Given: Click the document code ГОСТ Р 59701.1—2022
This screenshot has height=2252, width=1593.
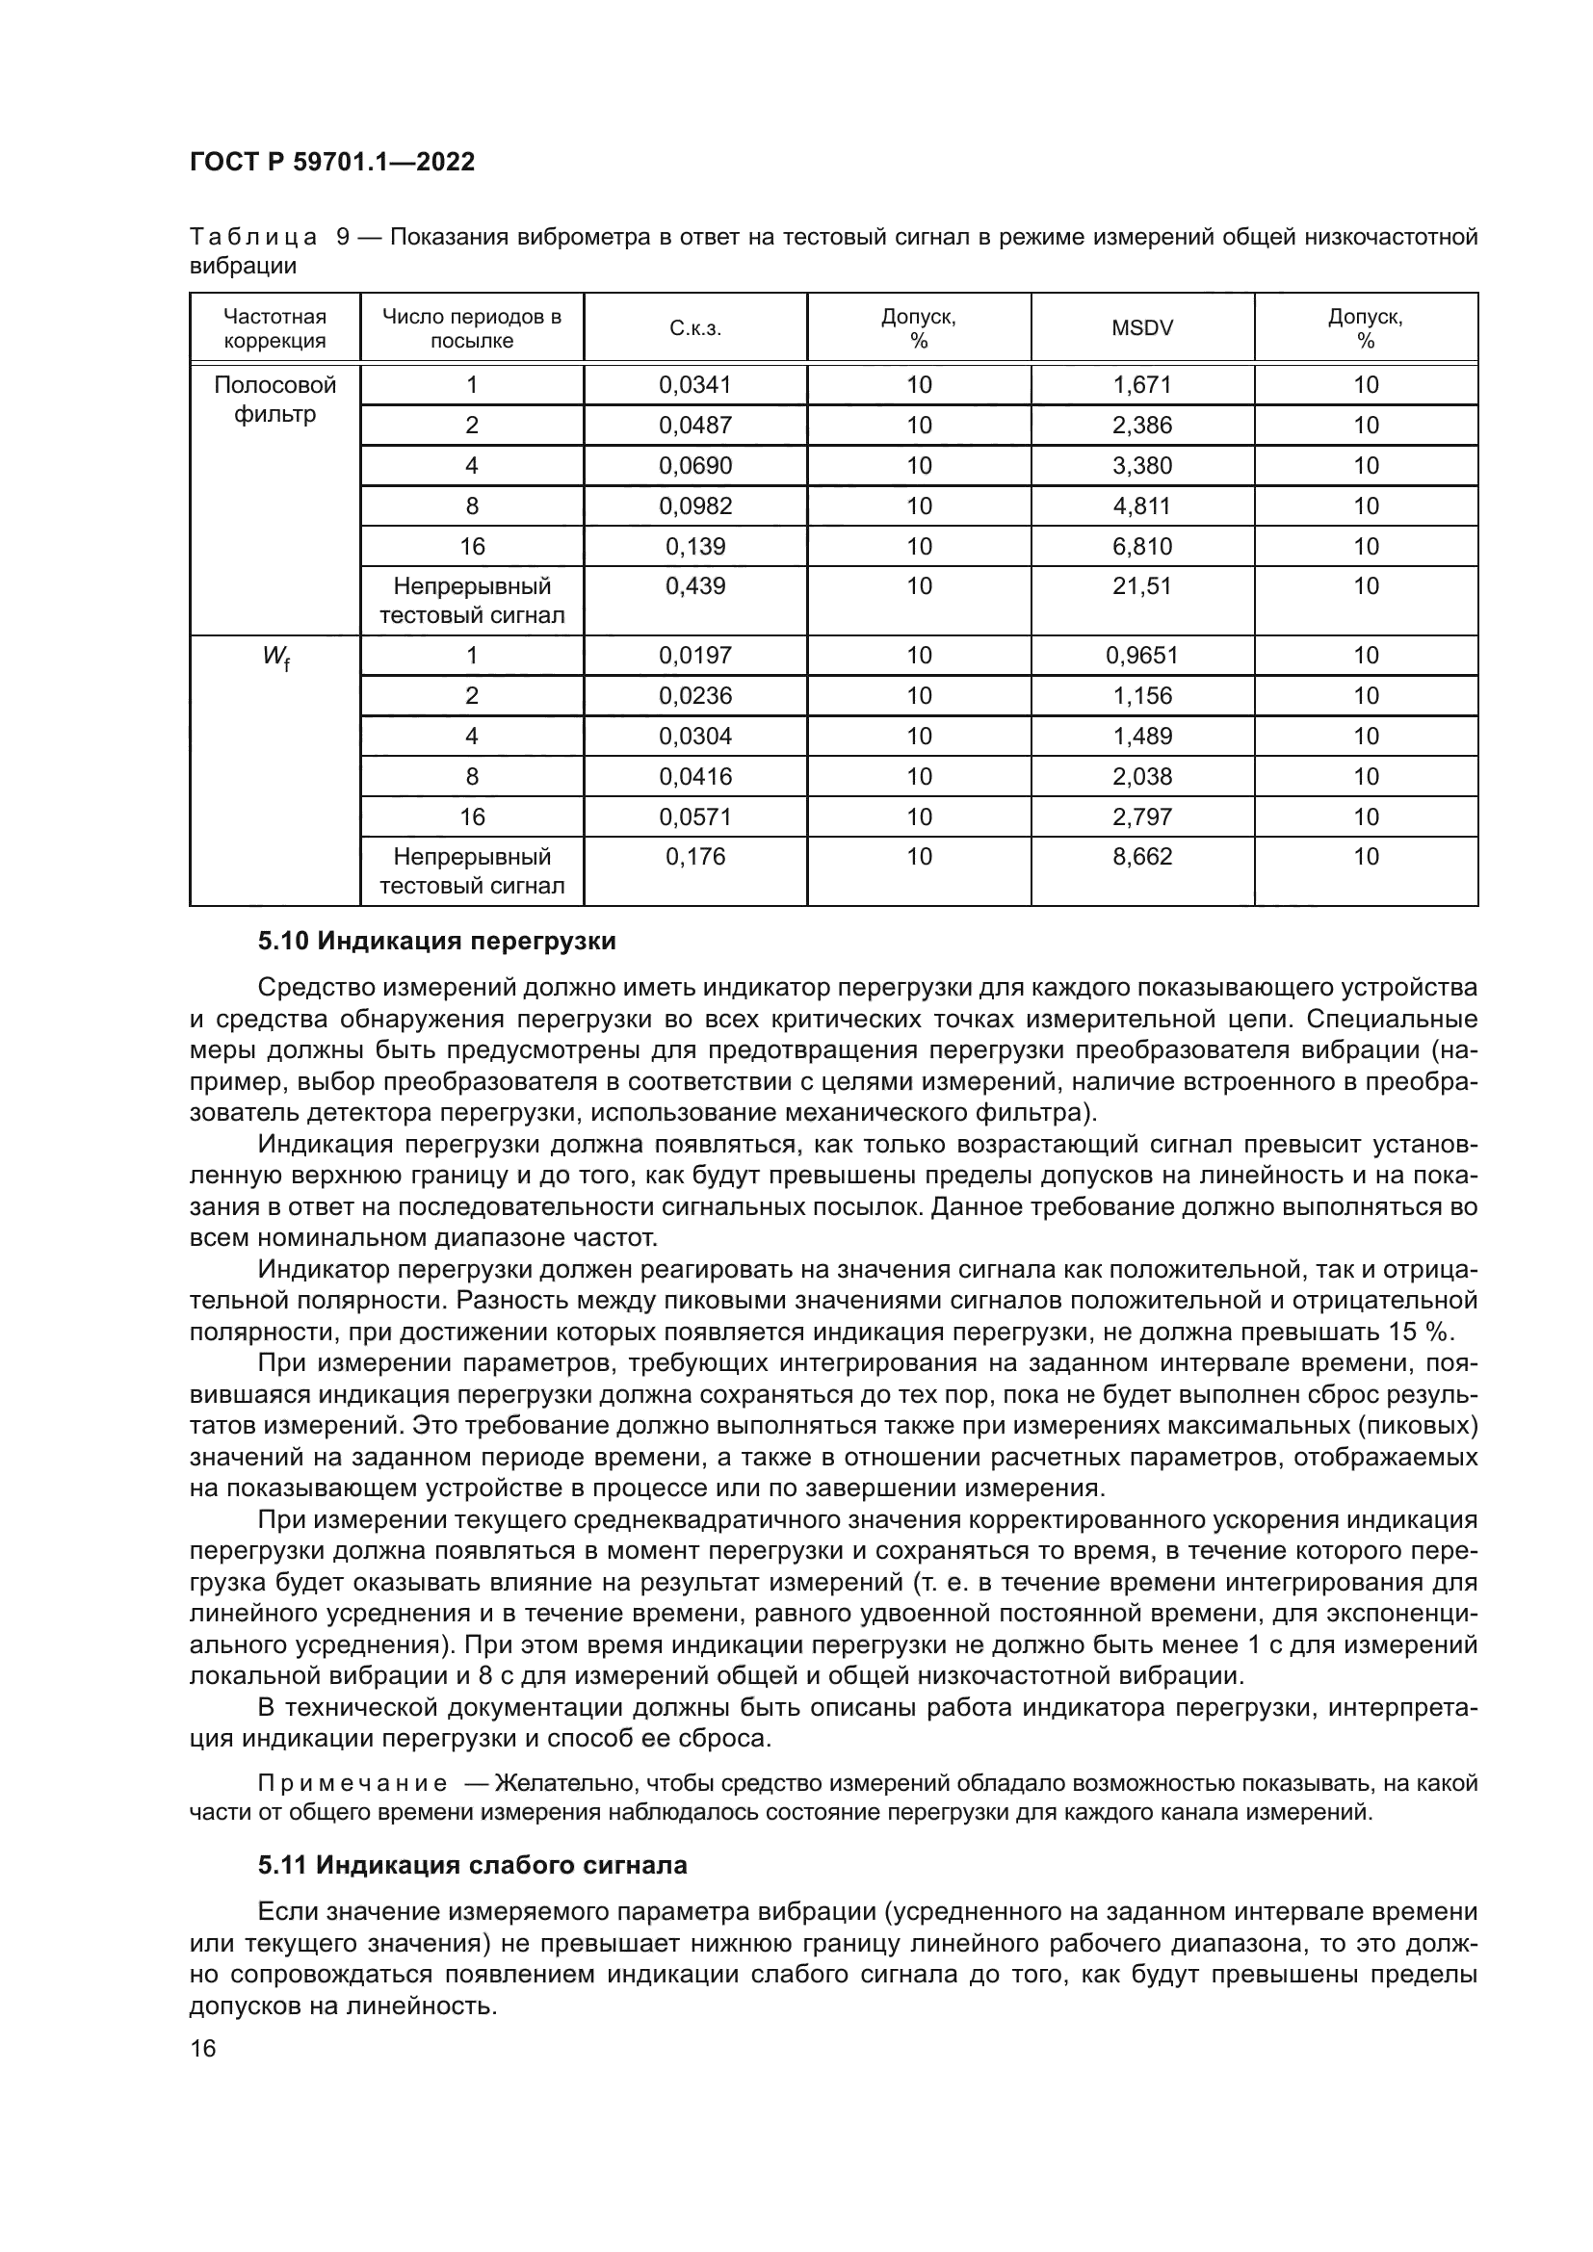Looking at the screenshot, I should [x=331, y=162].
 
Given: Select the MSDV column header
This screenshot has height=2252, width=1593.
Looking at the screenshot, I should [x=1142, y=328].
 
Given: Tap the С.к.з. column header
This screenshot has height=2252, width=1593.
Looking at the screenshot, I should [x=695, y=328].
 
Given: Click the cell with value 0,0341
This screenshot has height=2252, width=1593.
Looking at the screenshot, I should [x=695, y=384].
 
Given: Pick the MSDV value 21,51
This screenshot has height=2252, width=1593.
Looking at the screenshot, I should [x=1142, y=586].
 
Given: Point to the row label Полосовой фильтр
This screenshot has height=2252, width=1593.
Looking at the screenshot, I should [x=274, y=400].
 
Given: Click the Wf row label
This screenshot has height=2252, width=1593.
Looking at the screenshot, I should [x=274, y=658].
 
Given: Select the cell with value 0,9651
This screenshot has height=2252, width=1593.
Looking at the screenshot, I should [x=1142, y=656].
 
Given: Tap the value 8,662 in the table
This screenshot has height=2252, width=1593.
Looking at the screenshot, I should [x=1142, y=857].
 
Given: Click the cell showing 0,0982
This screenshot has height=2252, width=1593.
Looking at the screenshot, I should [x=695, y=506].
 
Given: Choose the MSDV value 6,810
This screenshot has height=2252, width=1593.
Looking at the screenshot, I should [x=1142, y=546].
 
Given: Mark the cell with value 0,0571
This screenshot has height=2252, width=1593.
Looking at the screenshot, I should [x=695, y=817].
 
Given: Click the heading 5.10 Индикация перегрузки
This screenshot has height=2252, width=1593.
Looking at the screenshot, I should [x=436, y=942].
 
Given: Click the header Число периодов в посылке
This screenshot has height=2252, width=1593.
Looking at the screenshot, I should [x=472, y=328].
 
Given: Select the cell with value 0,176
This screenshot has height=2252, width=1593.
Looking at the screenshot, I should [x=695, y=857].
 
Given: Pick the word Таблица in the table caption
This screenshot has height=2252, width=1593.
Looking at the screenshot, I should [x=253, y=238].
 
